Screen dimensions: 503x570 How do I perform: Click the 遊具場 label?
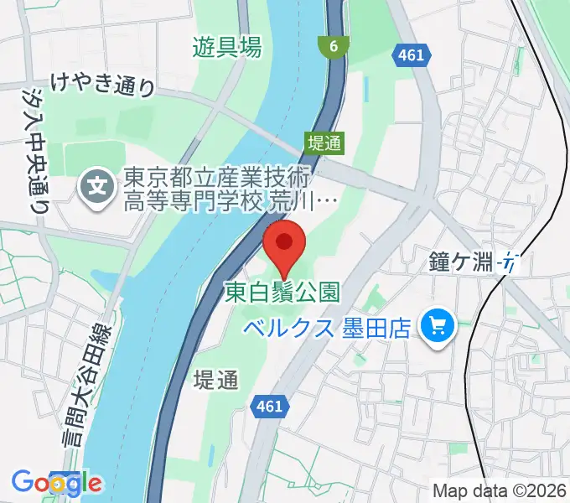point(226,48)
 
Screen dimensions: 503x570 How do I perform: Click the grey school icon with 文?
point(99,182)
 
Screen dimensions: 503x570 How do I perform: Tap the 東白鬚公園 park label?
point(282,292)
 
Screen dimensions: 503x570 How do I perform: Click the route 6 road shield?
point(334,47)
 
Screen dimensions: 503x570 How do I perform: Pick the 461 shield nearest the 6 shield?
point(411,54)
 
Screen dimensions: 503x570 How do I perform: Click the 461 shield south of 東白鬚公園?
point(267,407)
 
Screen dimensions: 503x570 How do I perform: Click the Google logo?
point(57,483)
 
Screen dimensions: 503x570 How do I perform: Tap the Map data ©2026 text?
point(499,490)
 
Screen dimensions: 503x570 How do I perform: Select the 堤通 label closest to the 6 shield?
point(324,143)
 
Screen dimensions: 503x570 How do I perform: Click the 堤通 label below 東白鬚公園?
point(215,380)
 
